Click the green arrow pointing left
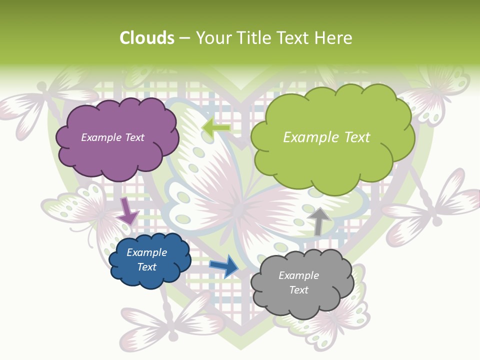(216, 128)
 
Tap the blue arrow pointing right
(224, 265)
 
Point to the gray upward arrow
(318, 220)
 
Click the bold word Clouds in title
(146, 38)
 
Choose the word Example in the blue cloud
(146, 252)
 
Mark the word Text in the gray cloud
(298, 290)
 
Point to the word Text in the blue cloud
(146, 267)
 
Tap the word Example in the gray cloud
(298, 275)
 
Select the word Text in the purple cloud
(134, 137)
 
